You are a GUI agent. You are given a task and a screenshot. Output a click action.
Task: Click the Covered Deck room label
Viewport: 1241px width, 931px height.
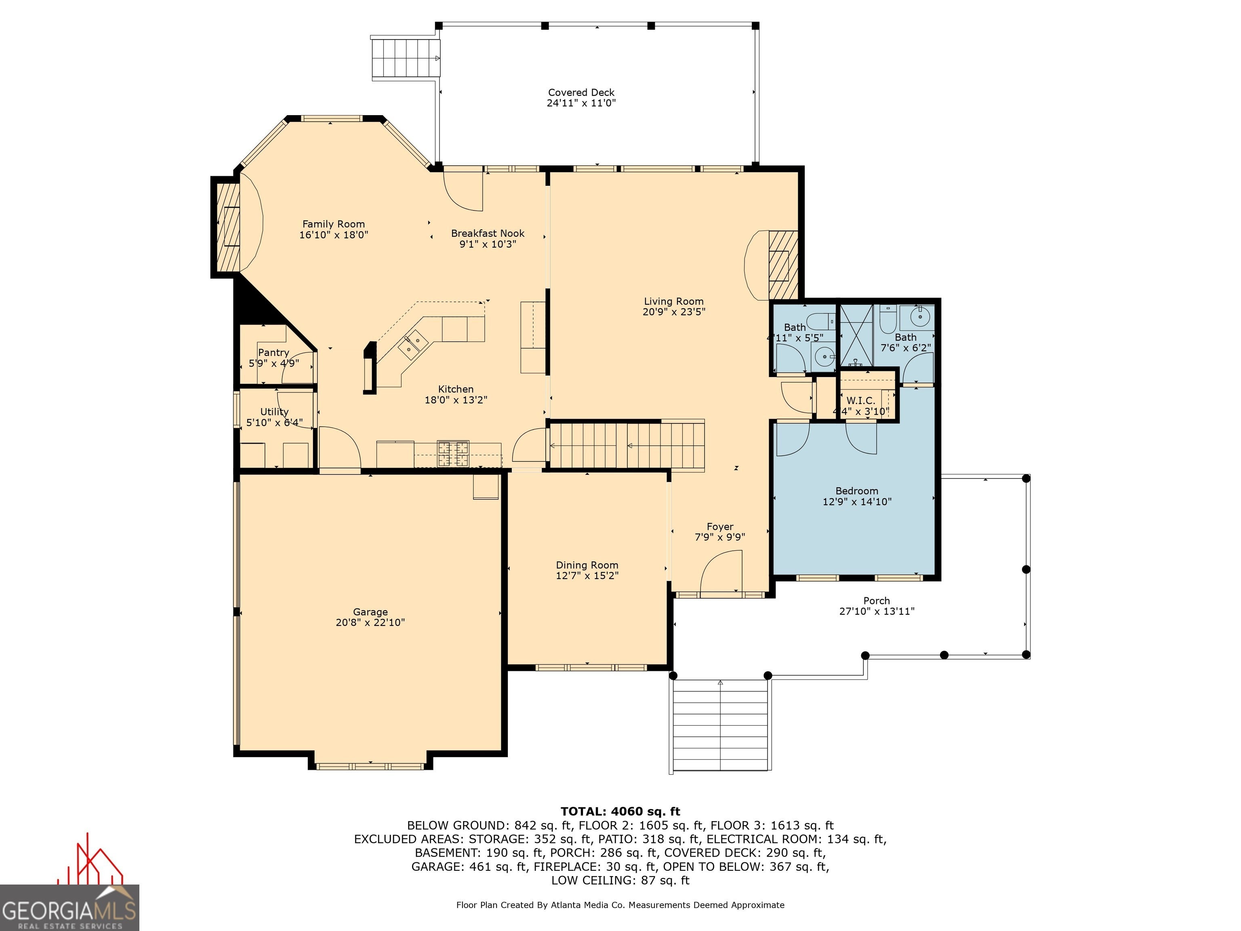581,93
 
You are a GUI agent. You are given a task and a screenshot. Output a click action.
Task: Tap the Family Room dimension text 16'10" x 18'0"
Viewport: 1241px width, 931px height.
333,235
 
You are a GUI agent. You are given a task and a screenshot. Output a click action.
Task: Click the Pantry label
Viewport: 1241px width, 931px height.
274,352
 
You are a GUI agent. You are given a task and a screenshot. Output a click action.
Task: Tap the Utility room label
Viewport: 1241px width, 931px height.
274,412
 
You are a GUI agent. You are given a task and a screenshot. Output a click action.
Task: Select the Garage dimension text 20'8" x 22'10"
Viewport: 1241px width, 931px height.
370,622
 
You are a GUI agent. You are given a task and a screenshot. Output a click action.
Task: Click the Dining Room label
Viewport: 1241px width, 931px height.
587,565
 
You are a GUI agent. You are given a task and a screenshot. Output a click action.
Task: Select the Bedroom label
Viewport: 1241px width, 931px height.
857,491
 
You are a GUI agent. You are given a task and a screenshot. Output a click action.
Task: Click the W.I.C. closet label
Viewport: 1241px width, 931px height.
860,401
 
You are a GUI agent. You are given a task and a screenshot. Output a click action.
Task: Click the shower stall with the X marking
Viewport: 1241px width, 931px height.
856,335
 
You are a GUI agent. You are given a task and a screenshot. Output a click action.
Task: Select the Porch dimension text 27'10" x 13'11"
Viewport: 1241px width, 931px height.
877,611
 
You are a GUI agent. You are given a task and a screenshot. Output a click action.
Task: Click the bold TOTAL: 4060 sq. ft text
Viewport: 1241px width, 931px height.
620,811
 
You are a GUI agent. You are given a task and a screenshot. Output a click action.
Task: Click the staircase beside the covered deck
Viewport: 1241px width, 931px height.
405,58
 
